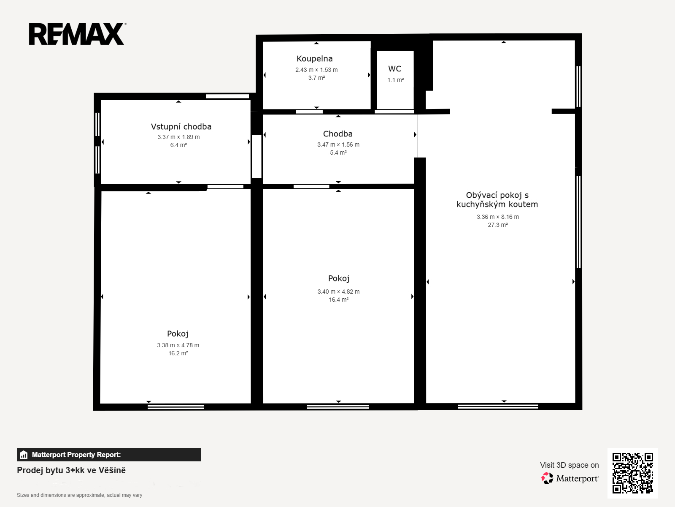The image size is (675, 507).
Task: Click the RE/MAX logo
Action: (x=77, y=34)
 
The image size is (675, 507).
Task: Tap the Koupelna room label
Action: (x=315, y=58)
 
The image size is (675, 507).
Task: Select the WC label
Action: (x=395, y=68)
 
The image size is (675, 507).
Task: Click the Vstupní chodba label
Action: (x=181, y=127)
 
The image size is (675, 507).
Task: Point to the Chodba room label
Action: (x=337, y=134)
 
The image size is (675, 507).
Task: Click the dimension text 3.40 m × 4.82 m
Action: (x=339, y=292)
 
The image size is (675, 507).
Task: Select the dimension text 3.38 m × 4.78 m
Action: (x=178, y=345)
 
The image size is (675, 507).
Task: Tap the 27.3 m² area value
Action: (x=497, y=225)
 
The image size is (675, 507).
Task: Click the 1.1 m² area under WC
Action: (x=395, y=80)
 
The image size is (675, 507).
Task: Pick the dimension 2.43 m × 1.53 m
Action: (x=316, y=70)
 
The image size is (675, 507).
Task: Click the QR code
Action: (x=632, y=473)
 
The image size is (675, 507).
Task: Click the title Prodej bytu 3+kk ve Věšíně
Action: (x=71, y=470)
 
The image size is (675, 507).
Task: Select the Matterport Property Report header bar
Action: (x=109, y=455)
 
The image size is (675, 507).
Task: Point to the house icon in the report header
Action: (x=24, y=455)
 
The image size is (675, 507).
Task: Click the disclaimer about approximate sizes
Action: (x=80, y=495)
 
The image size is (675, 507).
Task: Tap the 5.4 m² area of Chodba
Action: (x=338, y=153)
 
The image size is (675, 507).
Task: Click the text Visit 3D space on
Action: (x=570, y=465)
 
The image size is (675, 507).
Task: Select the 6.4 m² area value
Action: (x=179, y=145)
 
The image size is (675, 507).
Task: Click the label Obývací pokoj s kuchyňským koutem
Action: (x=497, y=200)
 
